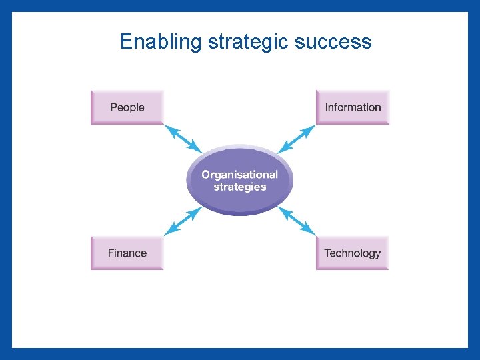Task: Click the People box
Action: (x=127, y=107)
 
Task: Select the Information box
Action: (x=353, y=107)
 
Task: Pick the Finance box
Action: (x=127, y=253)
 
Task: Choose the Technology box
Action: (x=352, y=253)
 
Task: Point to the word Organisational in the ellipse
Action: (x=239, y=174)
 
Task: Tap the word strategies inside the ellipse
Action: (x=239, y=187)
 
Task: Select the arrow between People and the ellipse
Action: (x=183, y=139)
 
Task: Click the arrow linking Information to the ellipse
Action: (x=297, y=139)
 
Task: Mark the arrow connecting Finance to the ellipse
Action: (x=183, y=221)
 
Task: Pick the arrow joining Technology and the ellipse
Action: (x=297, y=221)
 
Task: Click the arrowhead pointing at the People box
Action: (x=168, y=128)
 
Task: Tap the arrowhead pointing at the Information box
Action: (x=311, y=128)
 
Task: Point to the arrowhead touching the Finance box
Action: (x=168, y=231)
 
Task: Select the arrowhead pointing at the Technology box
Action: (x=311, y=231)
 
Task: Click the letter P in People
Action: (x=113, y=107)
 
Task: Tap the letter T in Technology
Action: (x=327, y=253)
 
